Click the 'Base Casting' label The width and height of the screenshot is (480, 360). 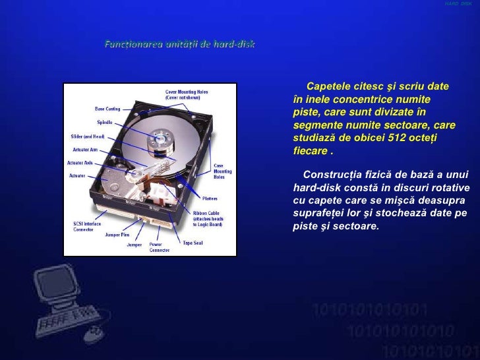[107, 109]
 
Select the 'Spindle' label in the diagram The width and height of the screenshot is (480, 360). [104, 123]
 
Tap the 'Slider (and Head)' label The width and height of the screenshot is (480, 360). [88, 136]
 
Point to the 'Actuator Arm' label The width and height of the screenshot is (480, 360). [84, 150]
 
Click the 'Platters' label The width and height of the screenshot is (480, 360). [210, 198]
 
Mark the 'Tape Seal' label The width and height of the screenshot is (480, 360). [193, 243]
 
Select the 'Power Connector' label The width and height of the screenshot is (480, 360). [159, 247]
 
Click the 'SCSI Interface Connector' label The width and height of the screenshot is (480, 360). [88, 226]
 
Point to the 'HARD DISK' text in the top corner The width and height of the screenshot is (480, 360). [458, 5]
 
